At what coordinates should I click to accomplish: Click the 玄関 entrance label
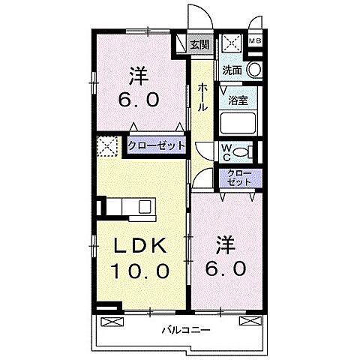pos(198,44)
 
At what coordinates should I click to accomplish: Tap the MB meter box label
pos(256,42)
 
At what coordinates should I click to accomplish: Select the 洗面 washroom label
pos(232,70)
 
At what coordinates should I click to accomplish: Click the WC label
pos(226,151)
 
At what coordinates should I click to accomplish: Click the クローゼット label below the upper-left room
pos(156,145)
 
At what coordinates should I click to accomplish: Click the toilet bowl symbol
pos(242,151)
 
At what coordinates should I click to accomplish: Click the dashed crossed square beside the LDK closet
pos(106,145)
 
